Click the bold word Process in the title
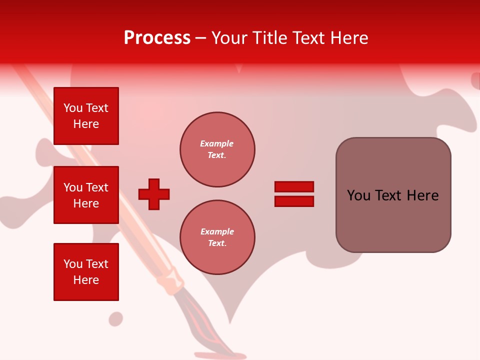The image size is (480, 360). pyautogui.click(x=157, y=38)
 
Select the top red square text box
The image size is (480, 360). pyautogui.click(x=86, y=116)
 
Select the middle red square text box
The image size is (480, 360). pyautogui.click(x=86, y=195)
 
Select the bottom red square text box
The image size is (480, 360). pyautogui.click(x=86, y=272)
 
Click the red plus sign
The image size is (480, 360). pyautogui.click(x=154, y=194)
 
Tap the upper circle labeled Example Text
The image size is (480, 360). pyautogui.click(x=217, y=149)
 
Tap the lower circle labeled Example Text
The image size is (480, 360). pyautogui.click(x=217, y=237)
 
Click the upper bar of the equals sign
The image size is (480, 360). pyautogui.click(x=294, y=187)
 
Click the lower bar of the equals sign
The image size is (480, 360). pyautogui.click(x=294, y=201)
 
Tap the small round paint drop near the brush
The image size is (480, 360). pyautogui.click(x=116, y=318)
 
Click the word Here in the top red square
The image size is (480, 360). pyautogui.click(x=86, y=124)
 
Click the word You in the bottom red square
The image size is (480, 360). pyautogui.click(x=73, y=264)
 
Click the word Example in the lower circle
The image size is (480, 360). pyautogui.click(x=217, y=231)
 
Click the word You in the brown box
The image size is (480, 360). pyautogui.click(x=358, y=195)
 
